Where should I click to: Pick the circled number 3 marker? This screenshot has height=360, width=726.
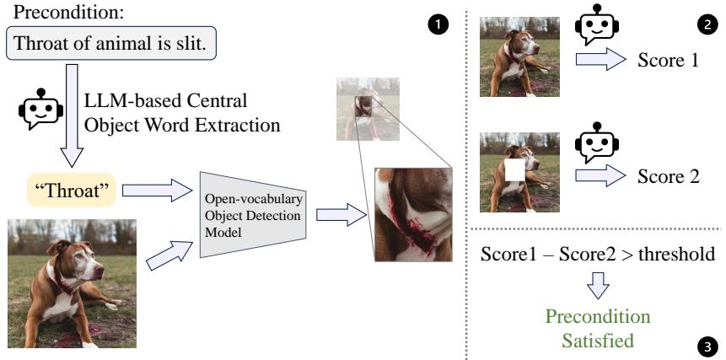(703, 344)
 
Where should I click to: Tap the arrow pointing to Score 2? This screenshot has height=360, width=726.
(600, 175)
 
